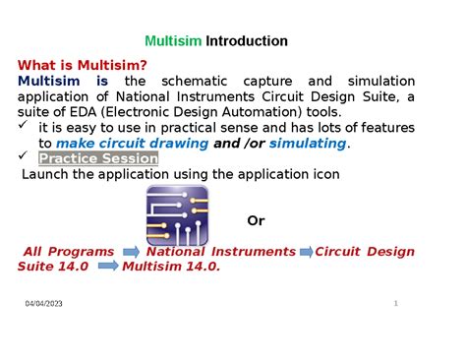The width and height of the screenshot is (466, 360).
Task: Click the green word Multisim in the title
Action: pyautogui.click(x=173, y=41)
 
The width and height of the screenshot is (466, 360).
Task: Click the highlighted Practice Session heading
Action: pyautogui.click(x=97, y=158)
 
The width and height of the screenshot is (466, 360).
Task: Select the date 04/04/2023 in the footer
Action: pyautogui.click(x=44, y=305)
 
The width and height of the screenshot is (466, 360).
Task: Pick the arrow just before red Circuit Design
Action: pyautogui.click(x=305, y=252)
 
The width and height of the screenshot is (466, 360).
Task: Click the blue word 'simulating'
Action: pyautogui.click(x=307, y=144)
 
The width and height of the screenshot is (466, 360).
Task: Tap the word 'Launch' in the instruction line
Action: pyautogui.click(x=47, y=174)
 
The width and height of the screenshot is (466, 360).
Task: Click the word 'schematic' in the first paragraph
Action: pyautogui.click(x=193, y=81)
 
